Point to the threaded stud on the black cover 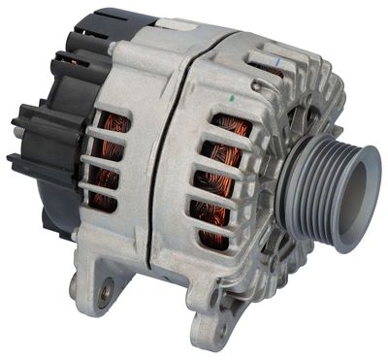tap(17, 123)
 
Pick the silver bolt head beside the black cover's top tap(113, 46)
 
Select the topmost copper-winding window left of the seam tap(113, 126)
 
